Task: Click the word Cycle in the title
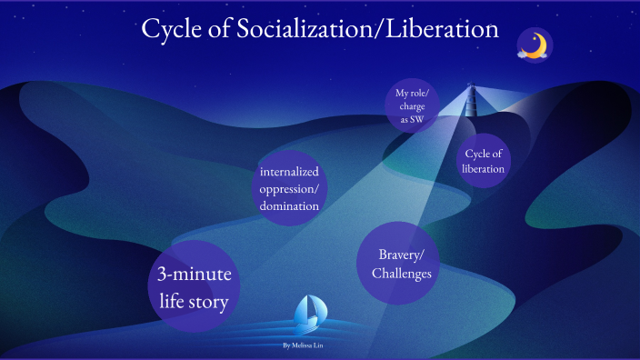click(177, 29)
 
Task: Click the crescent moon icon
click(536, 44)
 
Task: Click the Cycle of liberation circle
click(483, 161)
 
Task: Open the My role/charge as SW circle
click(409, 106)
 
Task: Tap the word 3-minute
click(194, 275)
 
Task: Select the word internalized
click(293, 172)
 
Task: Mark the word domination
click(289, 206)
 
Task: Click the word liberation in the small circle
click(483, 169)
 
